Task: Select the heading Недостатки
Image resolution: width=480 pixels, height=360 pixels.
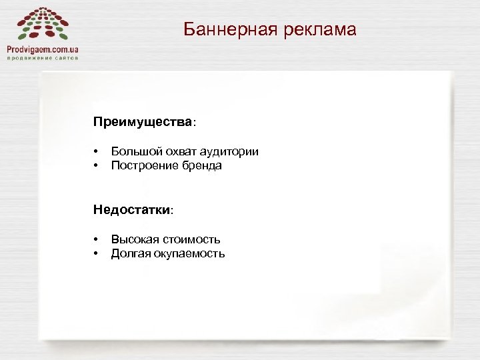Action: tap(132, 210)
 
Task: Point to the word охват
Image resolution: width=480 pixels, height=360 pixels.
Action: tap(177, 151)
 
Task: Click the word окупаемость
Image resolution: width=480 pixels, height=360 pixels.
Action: tap(190, 253)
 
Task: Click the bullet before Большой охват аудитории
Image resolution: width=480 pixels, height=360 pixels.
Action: tap(97, 152)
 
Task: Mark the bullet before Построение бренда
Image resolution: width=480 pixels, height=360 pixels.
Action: tap(97, 166)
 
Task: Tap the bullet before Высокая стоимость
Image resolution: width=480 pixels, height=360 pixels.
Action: tap(97, 240)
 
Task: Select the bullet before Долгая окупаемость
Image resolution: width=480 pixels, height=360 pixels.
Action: tap(97, 254)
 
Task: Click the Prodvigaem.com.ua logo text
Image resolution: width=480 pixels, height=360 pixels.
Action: tap(43, 49)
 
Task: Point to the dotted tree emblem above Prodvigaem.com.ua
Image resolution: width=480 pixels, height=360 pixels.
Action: tap(43, 24)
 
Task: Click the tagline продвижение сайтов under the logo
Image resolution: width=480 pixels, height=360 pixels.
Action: tap(43, 58)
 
